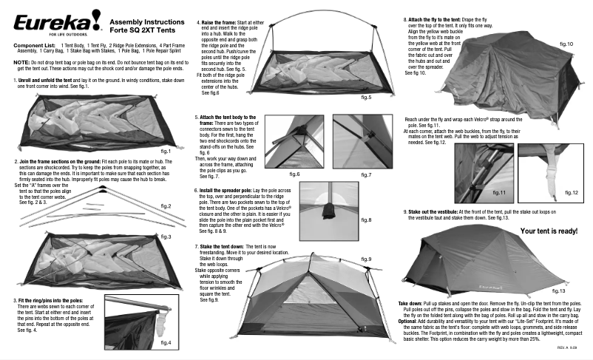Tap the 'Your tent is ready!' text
(549, 231)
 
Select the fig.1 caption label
(166, 151)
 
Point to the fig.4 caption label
(166, 343)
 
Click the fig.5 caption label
(366, 97)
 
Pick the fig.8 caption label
(366, 220)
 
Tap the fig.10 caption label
(566, 44)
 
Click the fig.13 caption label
(558, 291)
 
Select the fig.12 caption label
(570, 192)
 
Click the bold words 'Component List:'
(34, 46)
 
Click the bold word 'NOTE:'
(21, 63)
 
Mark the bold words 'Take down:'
(410, 305)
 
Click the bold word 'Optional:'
(407, 322)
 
